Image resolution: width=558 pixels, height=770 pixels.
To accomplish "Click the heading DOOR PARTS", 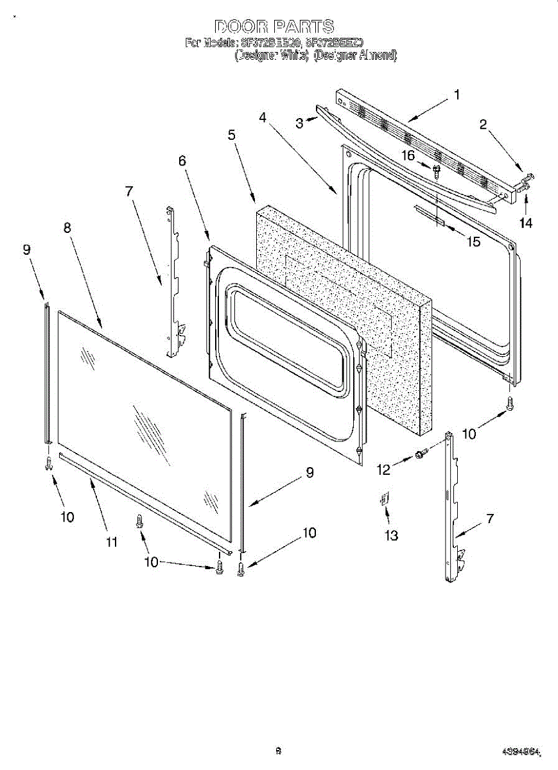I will click(x=274, y=26).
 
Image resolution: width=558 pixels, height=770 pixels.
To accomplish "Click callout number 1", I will click(x=457, y=95).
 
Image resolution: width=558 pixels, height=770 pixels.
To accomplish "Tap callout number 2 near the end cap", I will click(x=483, y=124).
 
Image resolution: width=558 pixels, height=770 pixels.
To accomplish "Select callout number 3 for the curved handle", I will click(x=299, y=123).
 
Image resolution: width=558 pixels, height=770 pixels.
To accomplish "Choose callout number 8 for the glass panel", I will click(x=67, y=228).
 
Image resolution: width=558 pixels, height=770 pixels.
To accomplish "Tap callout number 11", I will click(x=112, y=542).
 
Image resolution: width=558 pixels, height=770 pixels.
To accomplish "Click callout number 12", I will click(x=383, y=470).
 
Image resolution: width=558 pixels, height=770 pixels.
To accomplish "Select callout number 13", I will click(x=391, y=536).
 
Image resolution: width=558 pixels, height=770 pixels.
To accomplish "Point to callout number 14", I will click(x=526, y=223).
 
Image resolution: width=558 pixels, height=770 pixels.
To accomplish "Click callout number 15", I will click(x=474, y=243).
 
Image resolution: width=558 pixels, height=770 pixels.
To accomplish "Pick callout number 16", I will click(x=408, y=155).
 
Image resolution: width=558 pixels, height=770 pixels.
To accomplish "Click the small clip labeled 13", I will click(x=384, y=499).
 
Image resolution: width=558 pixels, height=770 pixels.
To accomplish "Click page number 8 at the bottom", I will click(x=278, y=750).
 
